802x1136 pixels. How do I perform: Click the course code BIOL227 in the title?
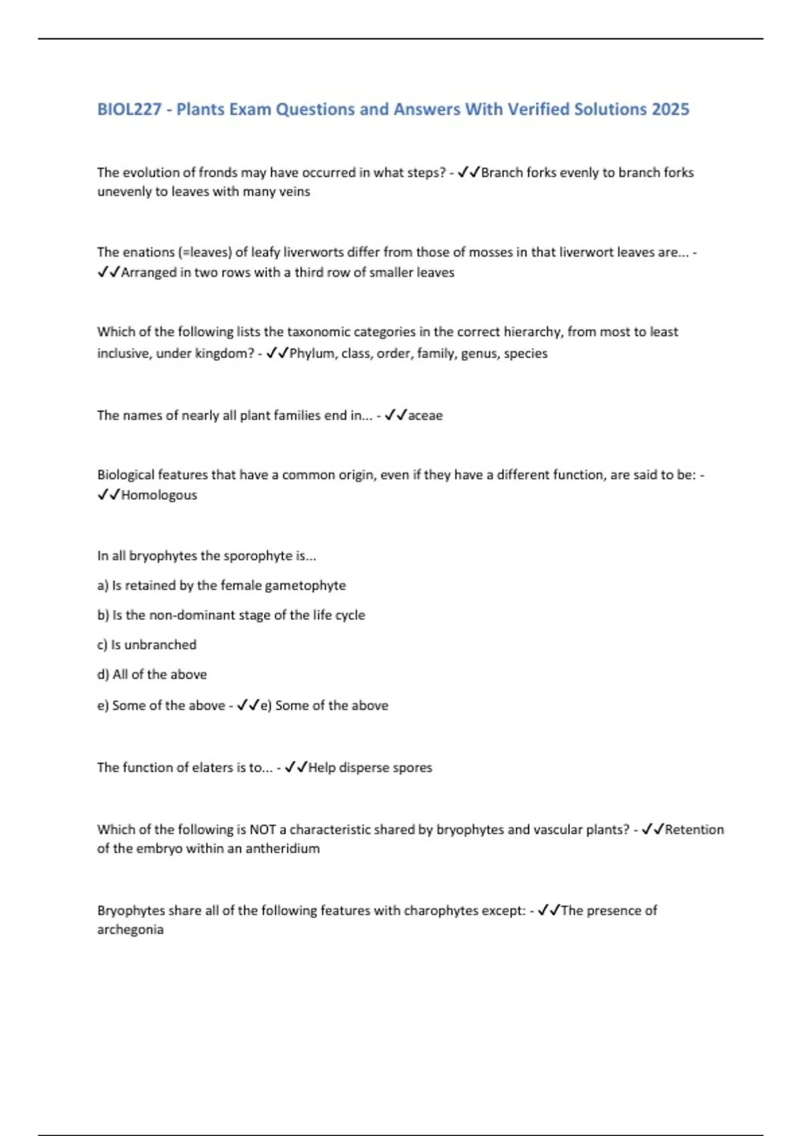[x=130, y=109]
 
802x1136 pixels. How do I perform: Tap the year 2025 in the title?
[x=670, y=109]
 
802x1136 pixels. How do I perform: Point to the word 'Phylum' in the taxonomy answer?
[x=311, y=353]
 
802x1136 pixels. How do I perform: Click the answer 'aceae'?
[x=425, y=415]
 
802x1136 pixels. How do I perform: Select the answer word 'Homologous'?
[x=159, y=494]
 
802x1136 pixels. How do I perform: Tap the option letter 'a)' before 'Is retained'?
[x=103, y=585]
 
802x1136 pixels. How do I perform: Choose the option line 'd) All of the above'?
[x=152, y=674]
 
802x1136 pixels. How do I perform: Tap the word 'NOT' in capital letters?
[x=263, y=829]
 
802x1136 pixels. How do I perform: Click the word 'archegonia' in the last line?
[x=130, y=930]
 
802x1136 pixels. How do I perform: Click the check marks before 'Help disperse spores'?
[x=295, y=767]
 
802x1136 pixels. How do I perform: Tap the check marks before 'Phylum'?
[x=277, y=353]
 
